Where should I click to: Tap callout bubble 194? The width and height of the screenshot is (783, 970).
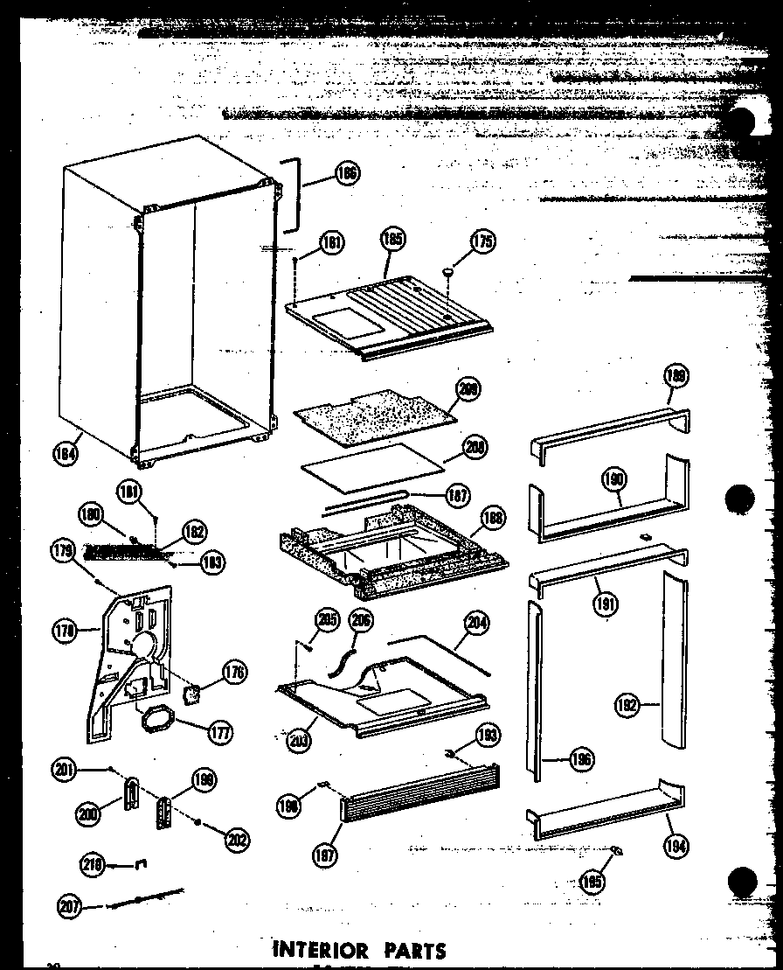point(676,845)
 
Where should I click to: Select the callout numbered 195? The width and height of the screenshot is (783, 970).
point(592,882)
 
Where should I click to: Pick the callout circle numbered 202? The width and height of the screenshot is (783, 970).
point(234,839)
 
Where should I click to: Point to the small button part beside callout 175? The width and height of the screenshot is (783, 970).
point(449,273)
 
